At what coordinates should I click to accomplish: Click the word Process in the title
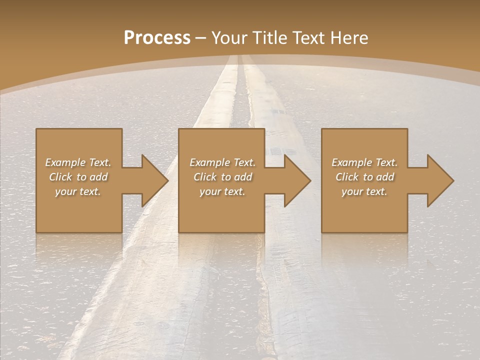tap(157, 38)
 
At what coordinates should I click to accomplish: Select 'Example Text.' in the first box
tap(78, 162)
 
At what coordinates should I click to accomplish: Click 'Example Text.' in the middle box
tap(222, 162)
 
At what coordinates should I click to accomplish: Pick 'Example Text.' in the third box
tap(364, 162)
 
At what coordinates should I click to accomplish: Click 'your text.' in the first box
tap(78, 191)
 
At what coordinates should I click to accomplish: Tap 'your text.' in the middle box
tap(222, 191)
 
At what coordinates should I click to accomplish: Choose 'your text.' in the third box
tap(364, 191)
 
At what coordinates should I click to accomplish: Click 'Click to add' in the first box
tap(78, 177)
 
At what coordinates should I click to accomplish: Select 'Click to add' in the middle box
tap(222, 177)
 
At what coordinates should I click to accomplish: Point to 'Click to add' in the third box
tap(364, 177)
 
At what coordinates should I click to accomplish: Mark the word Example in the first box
tap(65, 162)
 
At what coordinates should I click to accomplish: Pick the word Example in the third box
tap(351, 162)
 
